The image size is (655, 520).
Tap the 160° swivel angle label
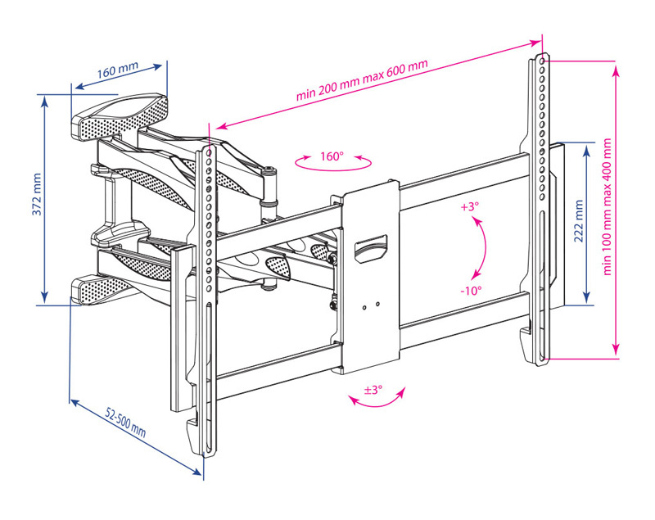point(332,156)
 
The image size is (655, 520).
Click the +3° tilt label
point(468,207)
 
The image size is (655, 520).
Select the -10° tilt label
point(470,290)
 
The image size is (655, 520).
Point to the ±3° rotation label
point(373,391)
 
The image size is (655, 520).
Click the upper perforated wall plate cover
point(123,114)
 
